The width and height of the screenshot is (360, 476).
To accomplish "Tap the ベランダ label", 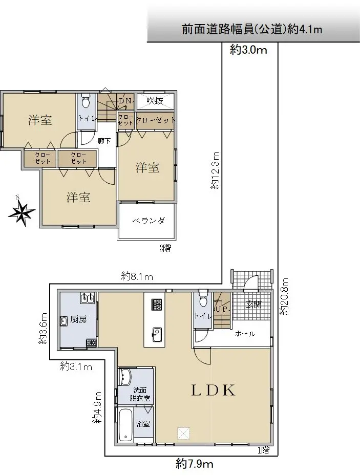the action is (x=149, y=221).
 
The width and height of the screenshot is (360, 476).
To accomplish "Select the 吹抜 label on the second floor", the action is (x=155, y=100).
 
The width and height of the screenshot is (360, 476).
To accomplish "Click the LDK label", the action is (x=213, y=391).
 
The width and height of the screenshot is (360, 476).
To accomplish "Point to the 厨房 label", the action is (x=78, y=319).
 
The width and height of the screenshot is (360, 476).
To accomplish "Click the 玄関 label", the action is (x=253, y=304).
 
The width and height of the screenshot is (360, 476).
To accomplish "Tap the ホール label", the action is (x=245, y=334).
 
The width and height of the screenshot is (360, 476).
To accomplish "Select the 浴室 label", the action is (x=143, y=423).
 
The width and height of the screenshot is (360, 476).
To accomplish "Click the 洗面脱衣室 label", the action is (x=140, y=394).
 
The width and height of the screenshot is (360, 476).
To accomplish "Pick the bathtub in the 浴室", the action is (x=124, y=425).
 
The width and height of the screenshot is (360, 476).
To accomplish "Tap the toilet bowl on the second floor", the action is (x=86, y=102).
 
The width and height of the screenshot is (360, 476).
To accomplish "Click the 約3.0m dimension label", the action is (x=248, y=50).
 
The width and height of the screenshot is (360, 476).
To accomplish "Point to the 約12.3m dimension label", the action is (x=215, y=170).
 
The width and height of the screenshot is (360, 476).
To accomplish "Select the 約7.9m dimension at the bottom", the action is (x=195, y=464).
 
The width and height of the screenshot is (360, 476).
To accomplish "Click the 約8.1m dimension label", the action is (x=137, y=276).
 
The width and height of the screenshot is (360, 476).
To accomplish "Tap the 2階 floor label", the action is (x=165, y=248).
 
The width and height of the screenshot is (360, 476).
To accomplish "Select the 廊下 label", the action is (x=104, y=141).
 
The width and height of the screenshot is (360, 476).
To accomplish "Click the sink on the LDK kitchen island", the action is (x=157, y=332).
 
